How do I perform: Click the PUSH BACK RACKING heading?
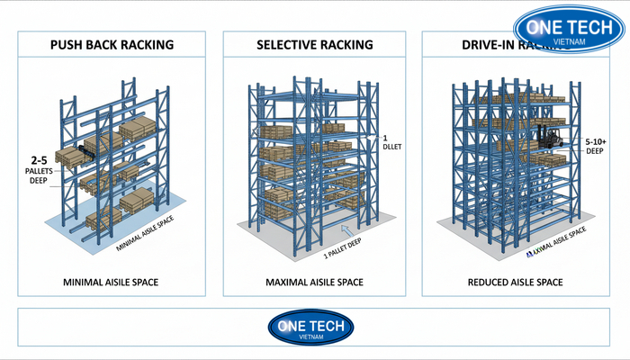[x=112, y=44]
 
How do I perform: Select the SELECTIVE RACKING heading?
[x=315, y=44]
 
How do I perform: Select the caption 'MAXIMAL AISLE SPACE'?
[x=314, y=283]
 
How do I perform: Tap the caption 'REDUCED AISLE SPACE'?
[x=516, y=283]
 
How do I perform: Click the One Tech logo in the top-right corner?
[x=569, y=33]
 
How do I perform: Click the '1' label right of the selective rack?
[x=384, y=138]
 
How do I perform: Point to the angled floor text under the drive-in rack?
[x=555, y=241]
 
